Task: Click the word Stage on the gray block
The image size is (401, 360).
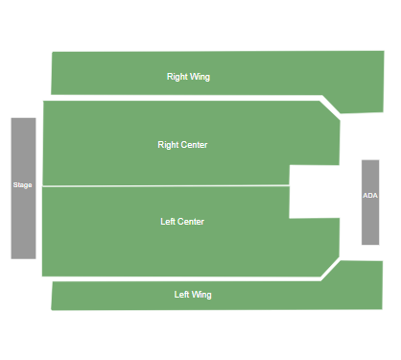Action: tap(23, 184)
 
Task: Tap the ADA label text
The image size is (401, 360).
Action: tap(370, 196)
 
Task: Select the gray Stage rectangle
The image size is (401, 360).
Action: tap(23, 221)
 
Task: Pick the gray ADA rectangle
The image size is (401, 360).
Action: tap(370, 221)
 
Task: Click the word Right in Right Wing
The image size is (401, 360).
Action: tap(177, 77)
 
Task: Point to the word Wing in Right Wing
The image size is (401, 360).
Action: tap(200, 77)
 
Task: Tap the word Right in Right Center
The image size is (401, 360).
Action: tap(168, 145)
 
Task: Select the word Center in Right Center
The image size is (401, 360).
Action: tap(194, 145)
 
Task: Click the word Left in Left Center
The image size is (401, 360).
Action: tap(168, 222)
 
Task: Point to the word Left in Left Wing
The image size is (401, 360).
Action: tap(181, 295)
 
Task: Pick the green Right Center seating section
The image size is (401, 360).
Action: tap(115, 144)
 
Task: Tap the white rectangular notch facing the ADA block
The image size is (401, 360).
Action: tap(315, 191)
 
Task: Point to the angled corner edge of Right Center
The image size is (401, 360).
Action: tap(330, 108)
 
